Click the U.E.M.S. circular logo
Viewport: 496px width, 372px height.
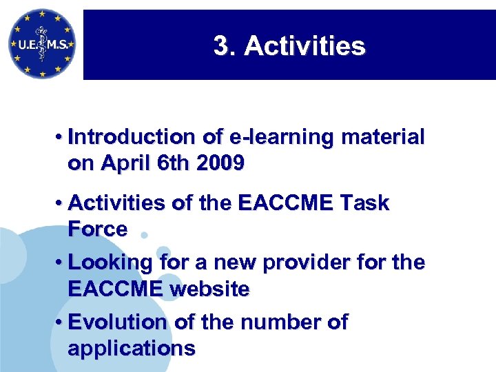(x=41, y=45)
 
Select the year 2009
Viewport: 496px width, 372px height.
(x=219, y=164)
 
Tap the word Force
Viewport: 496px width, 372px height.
(x=97, y=229)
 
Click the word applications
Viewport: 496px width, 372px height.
(x=131, y=349)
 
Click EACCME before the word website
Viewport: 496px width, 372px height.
(x=115, y=289)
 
